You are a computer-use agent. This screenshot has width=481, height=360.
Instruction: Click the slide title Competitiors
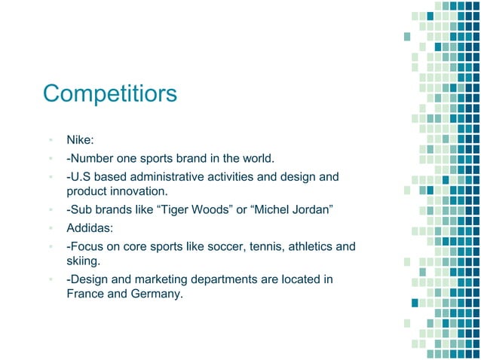(x=110, y=93)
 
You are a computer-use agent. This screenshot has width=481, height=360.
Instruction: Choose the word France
(x=85, y=294)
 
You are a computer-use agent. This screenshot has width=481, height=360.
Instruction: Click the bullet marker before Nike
(x=50, y=141)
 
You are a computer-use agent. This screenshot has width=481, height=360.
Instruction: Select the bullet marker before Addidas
(x=50, y=227)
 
